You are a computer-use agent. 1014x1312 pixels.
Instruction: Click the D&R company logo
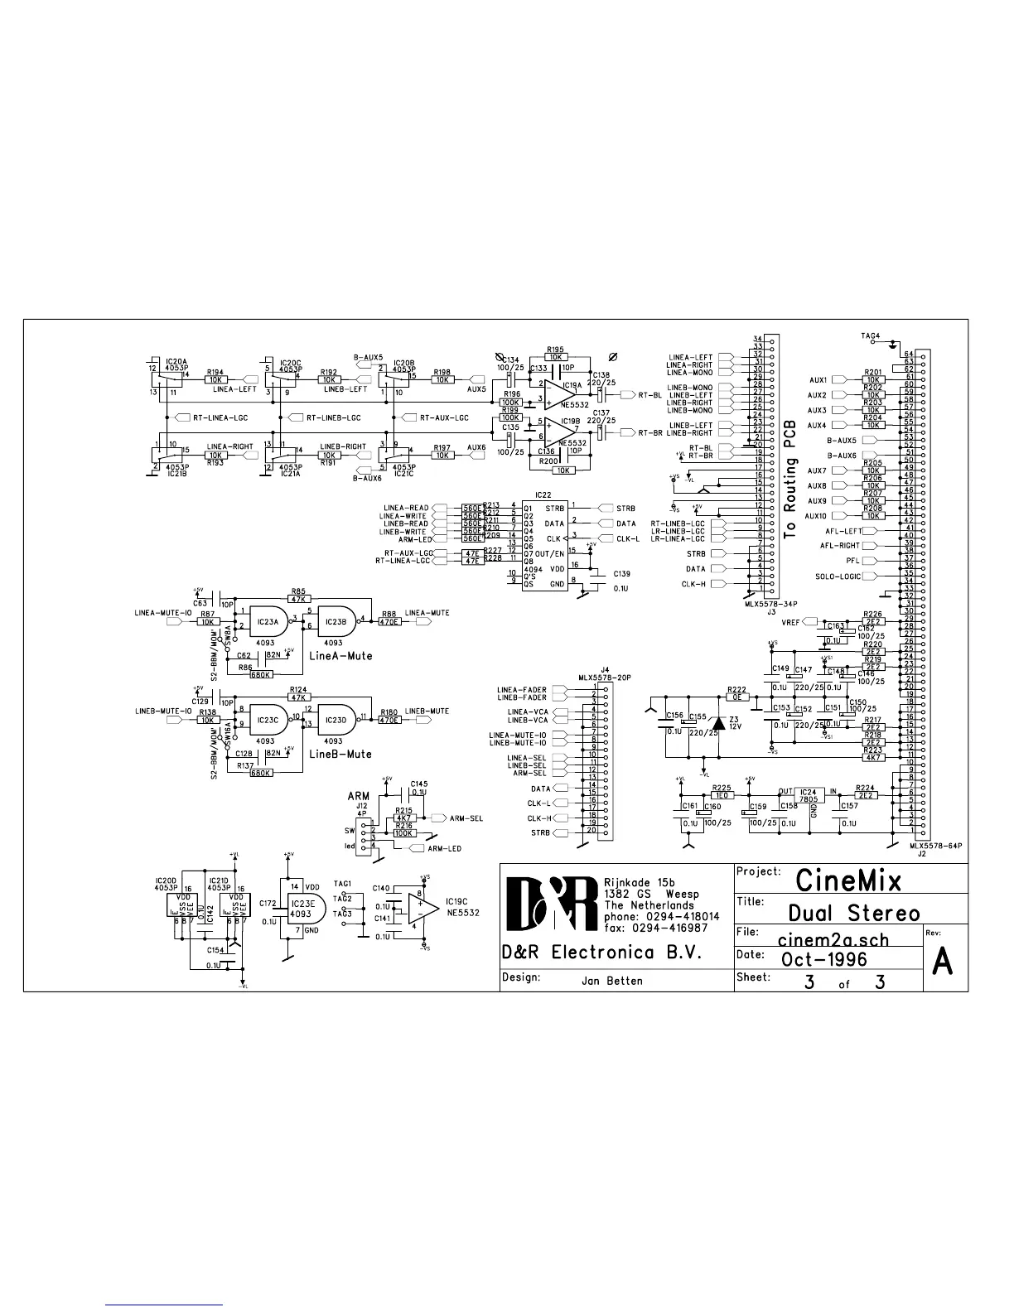coord(552,905)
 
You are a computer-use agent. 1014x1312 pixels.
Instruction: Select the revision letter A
coord(944,962)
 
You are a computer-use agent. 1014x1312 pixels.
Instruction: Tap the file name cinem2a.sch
coord(833,940)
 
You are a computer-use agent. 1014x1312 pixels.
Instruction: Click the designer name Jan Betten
coord(612,981)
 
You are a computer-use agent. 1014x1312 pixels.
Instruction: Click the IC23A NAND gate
coord(268,620)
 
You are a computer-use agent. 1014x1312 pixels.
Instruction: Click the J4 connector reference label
coord(604,668)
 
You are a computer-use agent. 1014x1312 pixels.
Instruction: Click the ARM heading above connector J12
coord(359,796)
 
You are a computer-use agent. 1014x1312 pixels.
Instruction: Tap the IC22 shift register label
coord(543,494)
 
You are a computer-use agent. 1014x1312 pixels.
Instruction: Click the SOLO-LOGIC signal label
coord(838,576)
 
